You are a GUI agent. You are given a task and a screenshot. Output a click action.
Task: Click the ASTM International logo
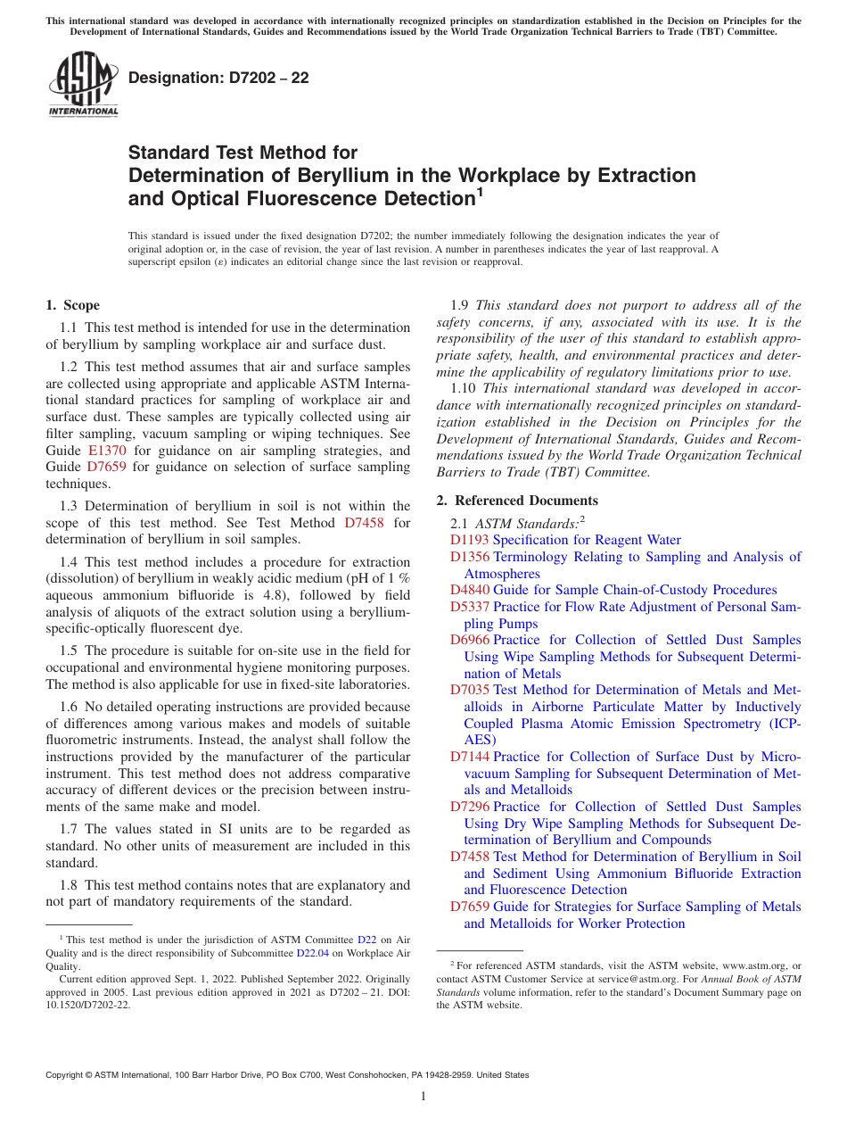[83, 86]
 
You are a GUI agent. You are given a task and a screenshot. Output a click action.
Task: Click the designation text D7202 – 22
[218, 78]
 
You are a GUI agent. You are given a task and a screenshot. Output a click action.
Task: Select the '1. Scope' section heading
[72, 305]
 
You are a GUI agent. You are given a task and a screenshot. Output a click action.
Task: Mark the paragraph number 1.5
[69, 651]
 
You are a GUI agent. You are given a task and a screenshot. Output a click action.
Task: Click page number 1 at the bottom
[423, 1097]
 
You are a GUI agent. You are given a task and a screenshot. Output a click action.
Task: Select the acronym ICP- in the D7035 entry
[785, 724]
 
